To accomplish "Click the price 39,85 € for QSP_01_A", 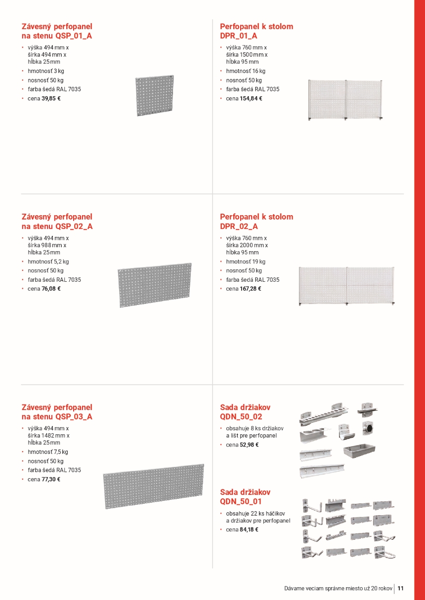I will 51,98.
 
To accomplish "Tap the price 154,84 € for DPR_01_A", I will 251,98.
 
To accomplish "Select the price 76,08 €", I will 51,289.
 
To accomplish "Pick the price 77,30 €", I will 51,479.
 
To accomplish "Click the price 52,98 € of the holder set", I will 249,445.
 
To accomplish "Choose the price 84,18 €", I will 249,529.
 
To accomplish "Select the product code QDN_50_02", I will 241,417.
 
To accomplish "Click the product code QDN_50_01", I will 241,502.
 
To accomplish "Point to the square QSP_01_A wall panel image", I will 155,96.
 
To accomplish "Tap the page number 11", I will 400,588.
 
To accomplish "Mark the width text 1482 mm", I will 56,436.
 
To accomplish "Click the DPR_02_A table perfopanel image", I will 347,286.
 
